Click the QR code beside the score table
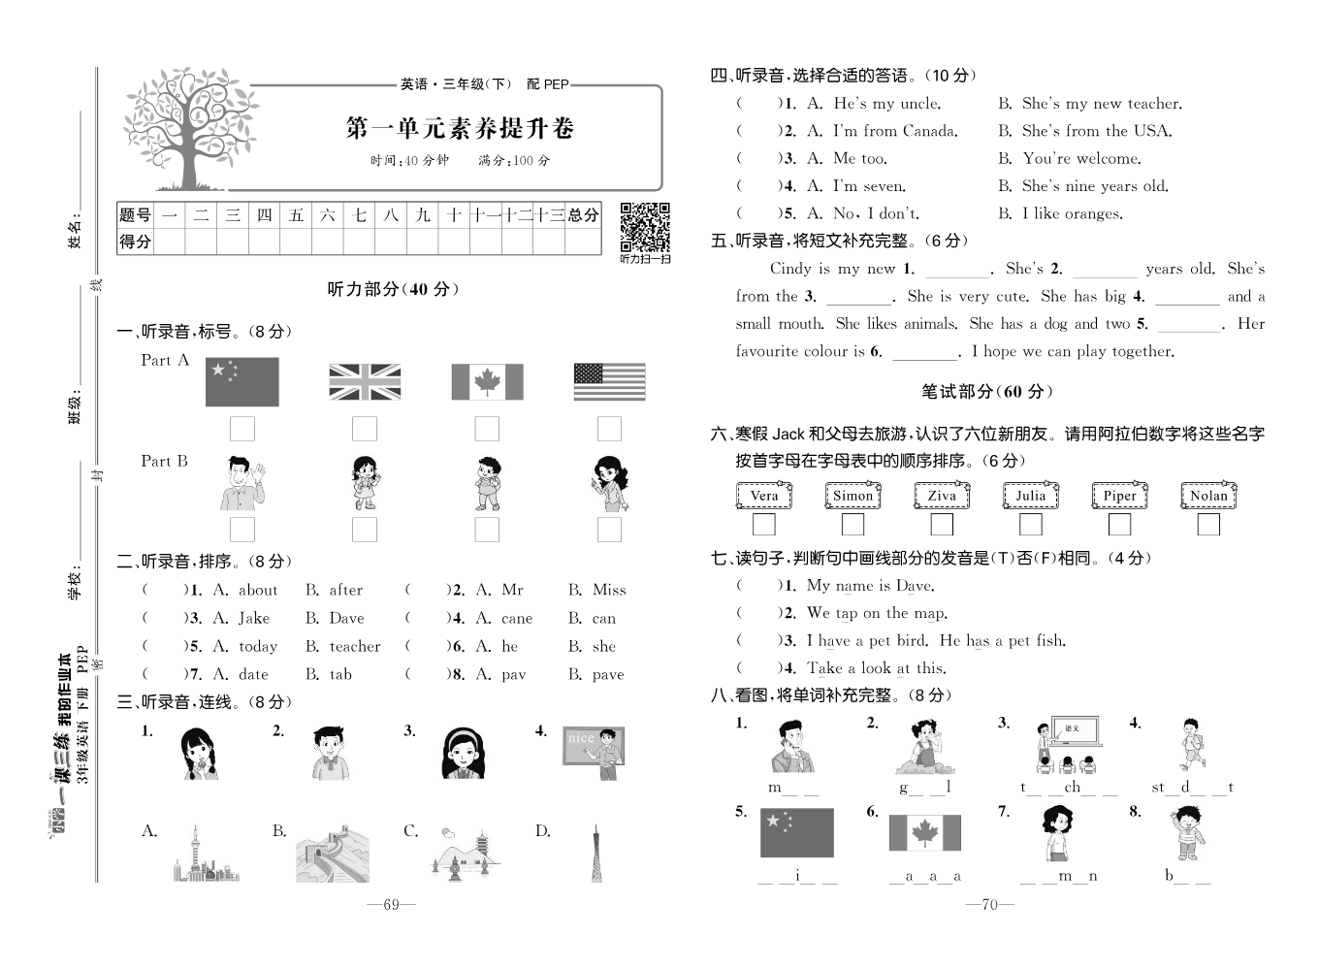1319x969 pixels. click(645, 227)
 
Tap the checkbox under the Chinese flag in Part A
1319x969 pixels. click(242, 429)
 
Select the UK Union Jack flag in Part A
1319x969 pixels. click(365, 382)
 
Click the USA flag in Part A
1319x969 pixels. click(609, 382)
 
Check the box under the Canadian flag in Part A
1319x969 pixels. click(487, 429)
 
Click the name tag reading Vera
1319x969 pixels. click(764, 496)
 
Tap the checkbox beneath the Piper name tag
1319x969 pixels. click(1119, 525)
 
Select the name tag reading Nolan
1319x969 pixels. click(1208, 496)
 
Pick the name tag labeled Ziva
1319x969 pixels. click(942, 496)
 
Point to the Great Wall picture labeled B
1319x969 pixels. click(333, 854)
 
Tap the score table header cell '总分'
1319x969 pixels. click(583, 215)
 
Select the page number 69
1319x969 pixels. click(391, 905)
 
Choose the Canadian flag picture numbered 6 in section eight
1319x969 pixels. click(924, 833)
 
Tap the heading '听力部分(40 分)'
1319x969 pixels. click(394, 289)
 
